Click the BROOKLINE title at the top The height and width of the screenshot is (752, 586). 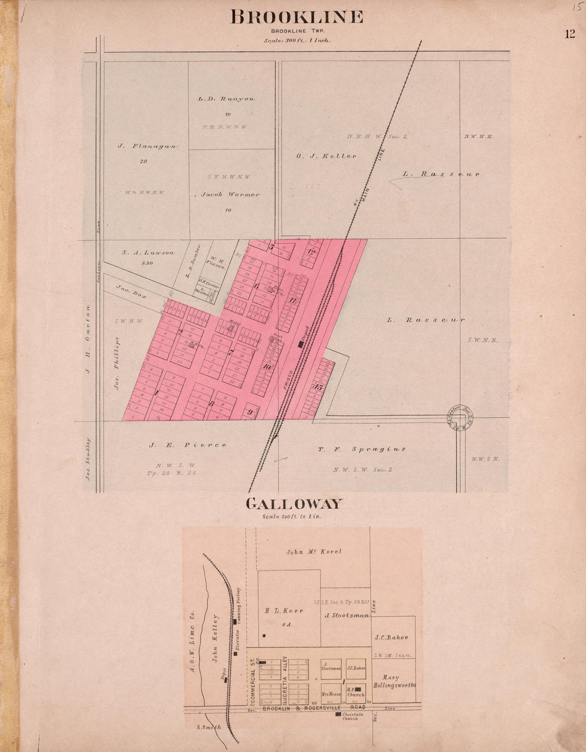(297, 17)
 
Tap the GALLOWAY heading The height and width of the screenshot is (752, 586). (294, 504)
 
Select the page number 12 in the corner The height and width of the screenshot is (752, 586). (569, 34)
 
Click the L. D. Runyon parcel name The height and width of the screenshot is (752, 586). (226, 99)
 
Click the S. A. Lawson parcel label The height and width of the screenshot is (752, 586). (148, 253)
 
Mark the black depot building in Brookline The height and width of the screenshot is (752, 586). (302, 344)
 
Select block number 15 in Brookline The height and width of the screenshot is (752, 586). (318, 387)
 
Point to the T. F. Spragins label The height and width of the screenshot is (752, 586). (362, 449)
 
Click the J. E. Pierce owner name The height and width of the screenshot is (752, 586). (187, 445)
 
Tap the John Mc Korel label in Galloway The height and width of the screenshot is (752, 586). (313, 552)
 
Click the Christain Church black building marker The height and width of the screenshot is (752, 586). (338, 714)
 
